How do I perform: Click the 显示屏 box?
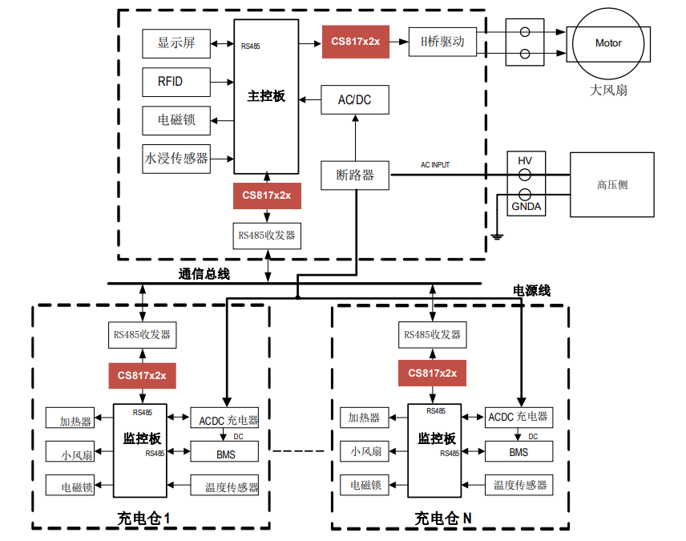[176, 43]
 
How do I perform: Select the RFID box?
[176, 81]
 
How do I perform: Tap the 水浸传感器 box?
[176, 158]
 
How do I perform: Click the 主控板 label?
[266, 96]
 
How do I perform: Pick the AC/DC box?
[354, 100]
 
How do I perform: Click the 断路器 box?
[355, 175]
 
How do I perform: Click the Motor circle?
[608, 43]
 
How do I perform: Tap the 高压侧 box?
[612, 184]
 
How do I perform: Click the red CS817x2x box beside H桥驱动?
[355, 42]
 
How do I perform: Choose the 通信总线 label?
[204, 274]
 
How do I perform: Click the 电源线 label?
[532, 290]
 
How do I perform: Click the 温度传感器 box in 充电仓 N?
[519, 485]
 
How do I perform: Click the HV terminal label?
[525, 161]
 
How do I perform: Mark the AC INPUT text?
[435, 165]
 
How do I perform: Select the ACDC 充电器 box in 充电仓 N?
[519, 417]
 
